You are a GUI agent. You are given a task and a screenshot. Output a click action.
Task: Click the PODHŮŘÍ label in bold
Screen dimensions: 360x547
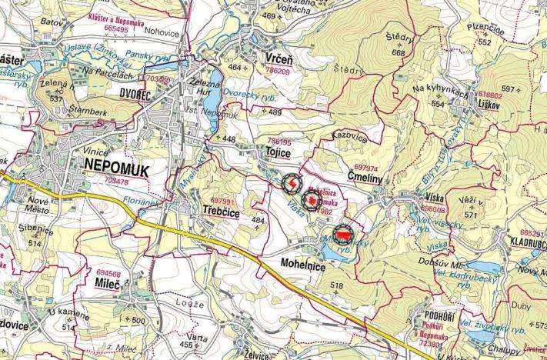pyautogui.click(x=442, y=317)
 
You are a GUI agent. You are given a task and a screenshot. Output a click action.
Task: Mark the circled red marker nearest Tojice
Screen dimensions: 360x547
pyautogui.click(x=293, y=185)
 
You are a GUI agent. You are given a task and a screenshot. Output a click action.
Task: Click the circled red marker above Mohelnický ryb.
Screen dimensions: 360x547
pyautogui.click(x=342, y=232)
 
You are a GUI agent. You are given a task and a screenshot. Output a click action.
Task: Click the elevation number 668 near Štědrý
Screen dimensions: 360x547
pyautogui.click(x=398, y=53)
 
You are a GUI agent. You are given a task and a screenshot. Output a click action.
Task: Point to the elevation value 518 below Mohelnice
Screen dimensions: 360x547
pyautogui.click(x=336, y=285)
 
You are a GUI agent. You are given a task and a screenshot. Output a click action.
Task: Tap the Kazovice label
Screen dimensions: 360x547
pyautogui.click(x=348, y=136)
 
